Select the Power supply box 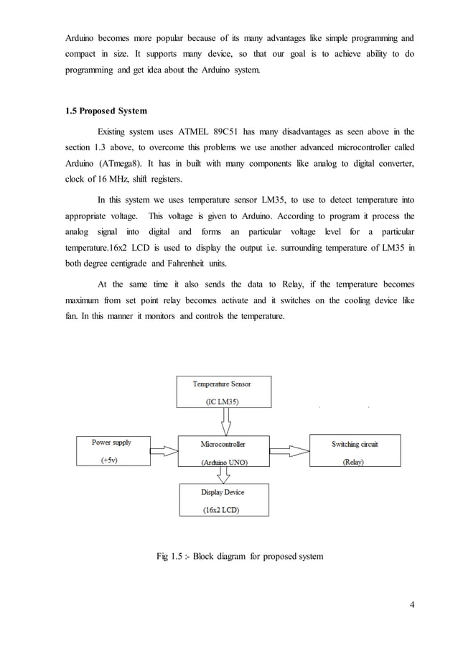pos(111,451)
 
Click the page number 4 pos(412,603)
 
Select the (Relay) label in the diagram pos(353,462)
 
